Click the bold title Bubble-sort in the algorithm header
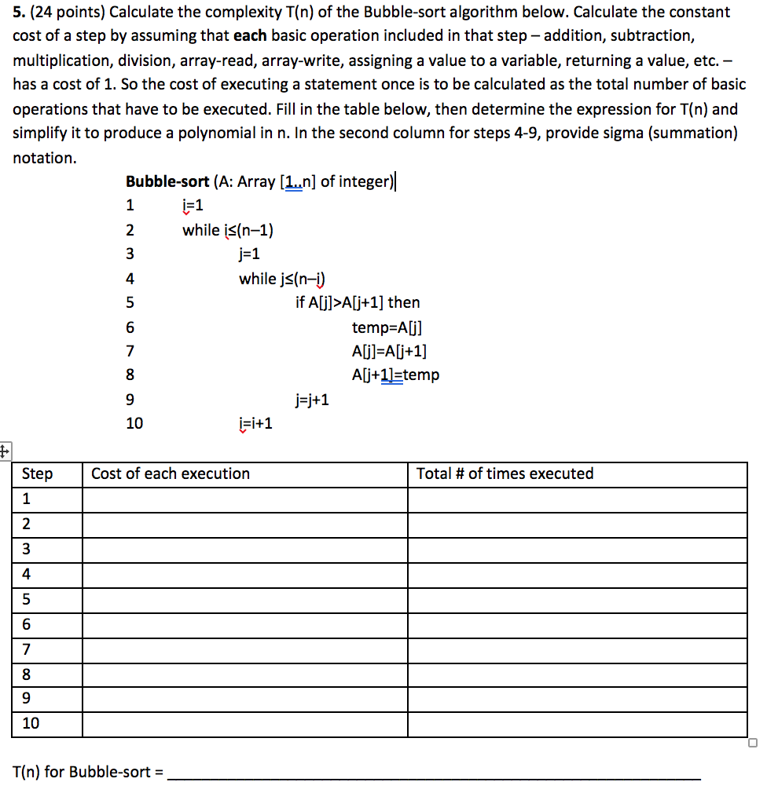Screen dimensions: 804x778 click(x=167, y=181)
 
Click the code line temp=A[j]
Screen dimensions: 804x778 click(x=392, y=327)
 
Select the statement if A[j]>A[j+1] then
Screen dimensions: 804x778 click(x=358, y=302)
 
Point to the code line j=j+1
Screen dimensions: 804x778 click(x=312, y=400)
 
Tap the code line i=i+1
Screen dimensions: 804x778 click(x=255, y=424)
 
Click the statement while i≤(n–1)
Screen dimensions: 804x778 click(x=228, y=230)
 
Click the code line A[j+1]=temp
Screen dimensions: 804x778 click(x=396, y=375)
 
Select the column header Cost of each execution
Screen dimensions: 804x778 click(x=171, y=473)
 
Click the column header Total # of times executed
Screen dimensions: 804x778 click(x=505, y=473)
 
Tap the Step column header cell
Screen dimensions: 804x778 click(x=38, y=473)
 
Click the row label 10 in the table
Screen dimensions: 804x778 click(x=31, y=724)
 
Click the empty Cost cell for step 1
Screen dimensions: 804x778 click(x=244, y=499)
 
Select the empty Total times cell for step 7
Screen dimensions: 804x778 click(x=577, y=649)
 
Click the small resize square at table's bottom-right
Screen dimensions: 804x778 click(x=752, y=743)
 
